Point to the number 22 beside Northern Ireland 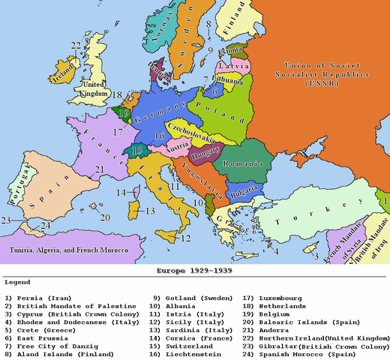(76, 46)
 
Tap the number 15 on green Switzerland (136, 150)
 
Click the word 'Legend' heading (16, 283)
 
